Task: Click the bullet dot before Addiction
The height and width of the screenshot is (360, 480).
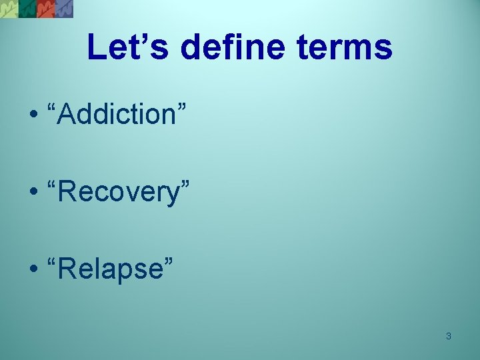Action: click(x=33, y=115)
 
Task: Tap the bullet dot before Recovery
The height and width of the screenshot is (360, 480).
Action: click(x=33, y=193)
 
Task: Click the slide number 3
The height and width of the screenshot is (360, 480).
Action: click(x=448, y=336)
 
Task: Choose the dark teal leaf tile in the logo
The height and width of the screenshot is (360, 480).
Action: click(x=27, y=8)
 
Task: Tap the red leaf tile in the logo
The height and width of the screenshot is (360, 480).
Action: click(x=45, y=8)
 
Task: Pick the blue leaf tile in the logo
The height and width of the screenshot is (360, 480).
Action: click(x=64, y=8)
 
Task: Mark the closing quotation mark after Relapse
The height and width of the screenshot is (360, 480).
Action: click(x=168, y=261)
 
